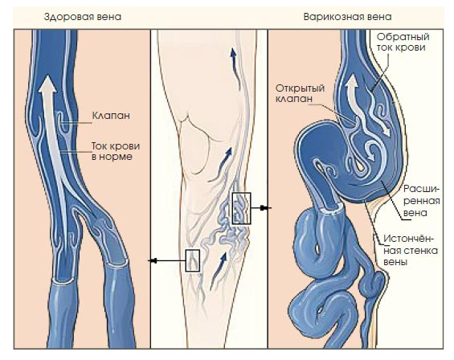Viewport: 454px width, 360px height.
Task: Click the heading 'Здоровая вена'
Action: point(83,17)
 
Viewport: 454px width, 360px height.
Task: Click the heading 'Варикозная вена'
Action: point(347,17)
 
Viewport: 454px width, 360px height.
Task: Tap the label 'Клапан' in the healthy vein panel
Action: point(111,116)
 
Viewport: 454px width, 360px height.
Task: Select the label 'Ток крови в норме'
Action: point(116,151)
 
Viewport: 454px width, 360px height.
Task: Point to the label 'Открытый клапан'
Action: point(300,93)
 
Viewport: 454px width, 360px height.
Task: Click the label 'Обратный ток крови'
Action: point(403,43)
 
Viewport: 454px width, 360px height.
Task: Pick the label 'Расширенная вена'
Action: point(422,201)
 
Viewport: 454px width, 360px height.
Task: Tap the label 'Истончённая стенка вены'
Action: point(411,250)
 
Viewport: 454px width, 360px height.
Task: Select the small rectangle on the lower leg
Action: point(193,260)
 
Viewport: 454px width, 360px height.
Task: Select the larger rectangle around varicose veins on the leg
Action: point(242,209)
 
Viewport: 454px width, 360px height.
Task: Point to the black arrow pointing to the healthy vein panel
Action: point(167,261)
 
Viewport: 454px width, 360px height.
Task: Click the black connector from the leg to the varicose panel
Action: point(260,208)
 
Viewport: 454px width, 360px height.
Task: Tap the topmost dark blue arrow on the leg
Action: point(235,69)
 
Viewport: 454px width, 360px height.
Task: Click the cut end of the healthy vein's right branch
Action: point(117,263)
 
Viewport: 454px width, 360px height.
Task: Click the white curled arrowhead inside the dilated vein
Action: point(371,153)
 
